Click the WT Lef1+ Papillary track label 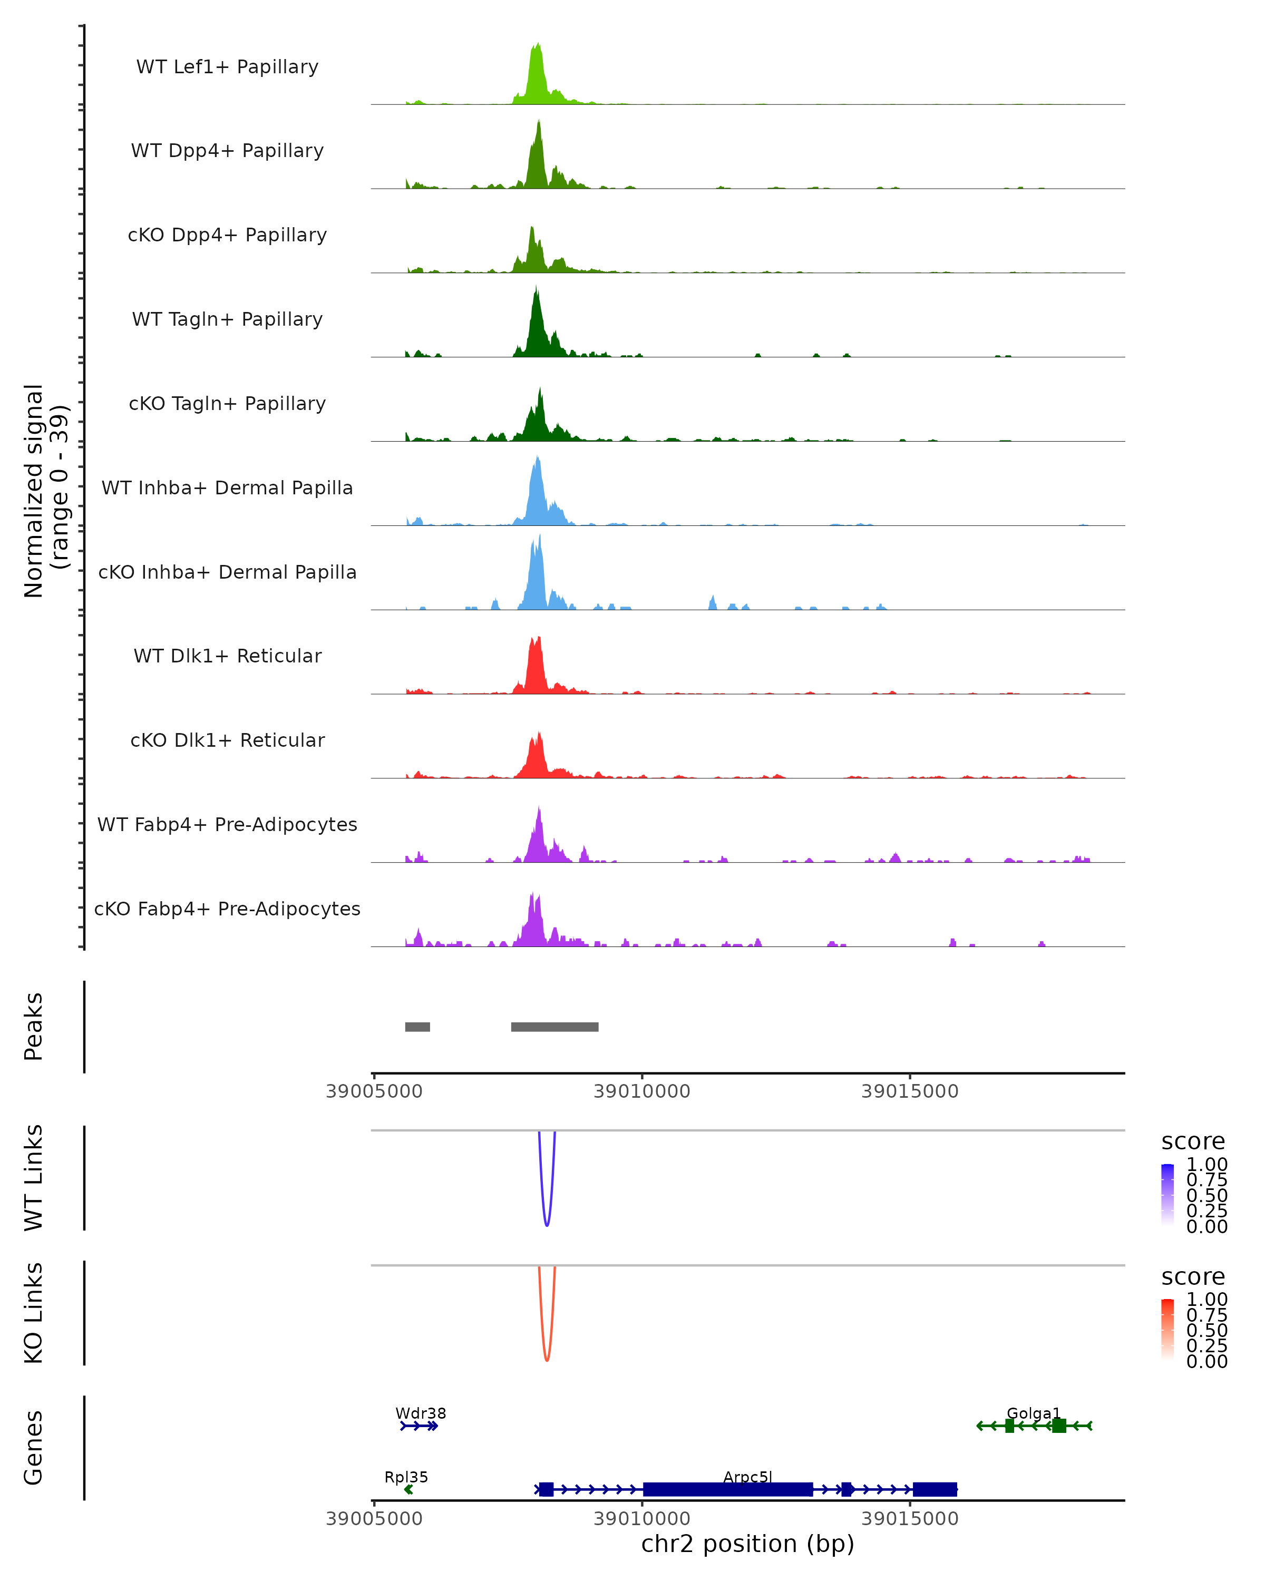227,67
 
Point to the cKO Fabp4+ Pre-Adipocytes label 227,909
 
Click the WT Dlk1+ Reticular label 227,656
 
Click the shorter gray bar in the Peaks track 417,1027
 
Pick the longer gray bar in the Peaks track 554,1027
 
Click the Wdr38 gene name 420,1413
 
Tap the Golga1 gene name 1033,1413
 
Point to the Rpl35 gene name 405,1477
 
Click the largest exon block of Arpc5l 727,1489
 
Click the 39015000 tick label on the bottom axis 909,1519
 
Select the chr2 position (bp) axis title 747,1544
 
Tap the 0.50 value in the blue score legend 1206,1195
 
